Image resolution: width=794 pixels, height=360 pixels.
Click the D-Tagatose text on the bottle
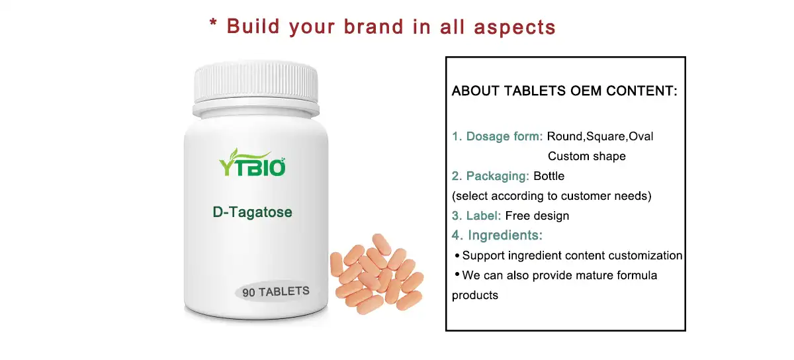pyautogui.click(x=252, y=212)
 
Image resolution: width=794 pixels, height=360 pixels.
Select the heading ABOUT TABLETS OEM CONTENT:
pyautogui.click(x=564, y=91)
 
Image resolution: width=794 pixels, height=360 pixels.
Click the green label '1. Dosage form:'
pyautogui.click(x=498, y=136)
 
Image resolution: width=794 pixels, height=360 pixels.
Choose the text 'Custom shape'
pyautogui.click(x=586, y=156)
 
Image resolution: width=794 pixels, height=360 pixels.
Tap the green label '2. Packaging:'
pyautogui.click(x=490, y=176)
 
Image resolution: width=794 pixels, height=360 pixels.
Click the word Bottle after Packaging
pyautogui.click(x=549, y=176)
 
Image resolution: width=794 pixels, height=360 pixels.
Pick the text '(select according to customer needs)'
pyautogui.click(x=551, y=196)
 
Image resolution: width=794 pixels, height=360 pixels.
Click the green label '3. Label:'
pyautogui.click(x=476, y=216)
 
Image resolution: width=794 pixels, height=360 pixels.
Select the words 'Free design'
pyautogui.click(x=537, y=216)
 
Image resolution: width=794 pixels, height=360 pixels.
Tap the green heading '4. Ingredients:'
pyautogui.click(x=498, y=236)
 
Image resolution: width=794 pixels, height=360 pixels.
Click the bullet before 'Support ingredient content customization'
pyautogui.click(x=457, y=255)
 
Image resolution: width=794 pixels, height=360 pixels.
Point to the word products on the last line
pyautogui.click(x=474, y=295)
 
